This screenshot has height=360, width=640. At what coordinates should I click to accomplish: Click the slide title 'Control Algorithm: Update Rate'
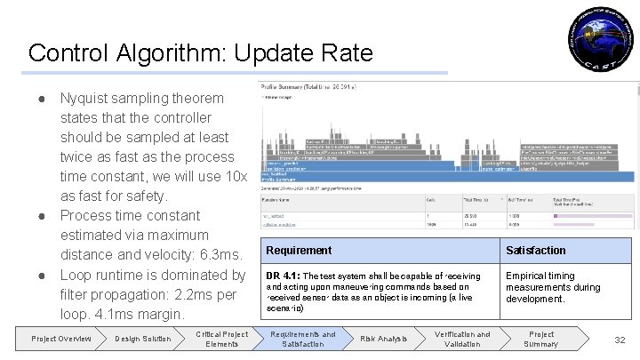coord(200,53)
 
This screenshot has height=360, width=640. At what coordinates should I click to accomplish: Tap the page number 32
coord(619,339)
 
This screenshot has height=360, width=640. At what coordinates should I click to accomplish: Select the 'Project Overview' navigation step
coord(61,339)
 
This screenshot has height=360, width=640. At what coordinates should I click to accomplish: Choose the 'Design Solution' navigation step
coord(142,339)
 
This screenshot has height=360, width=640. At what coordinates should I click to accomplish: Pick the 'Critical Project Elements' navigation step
coord(221,339)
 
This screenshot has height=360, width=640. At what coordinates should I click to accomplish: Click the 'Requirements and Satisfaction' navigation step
coord(302,339)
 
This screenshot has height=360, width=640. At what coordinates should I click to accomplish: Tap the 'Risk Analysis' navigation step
coord(383,339)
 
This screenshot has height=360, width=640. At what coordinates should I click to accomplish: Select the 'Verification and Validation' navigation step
coord(462,339)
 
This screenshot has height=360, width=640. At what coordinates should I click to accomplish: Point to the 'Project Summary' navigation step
coord(541,339)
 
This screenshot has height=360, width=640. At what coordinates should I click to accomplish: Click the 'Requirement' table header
coord(299,251)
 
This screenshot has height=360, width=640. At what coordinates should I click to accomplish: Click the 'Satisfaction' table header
coord(535,251)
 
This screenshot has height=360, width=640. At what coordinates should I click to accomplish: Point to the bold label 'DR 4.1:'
coord(284,276)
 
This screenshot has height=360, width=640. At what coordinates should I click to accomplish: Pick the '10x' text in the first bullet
coord(234,176)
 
